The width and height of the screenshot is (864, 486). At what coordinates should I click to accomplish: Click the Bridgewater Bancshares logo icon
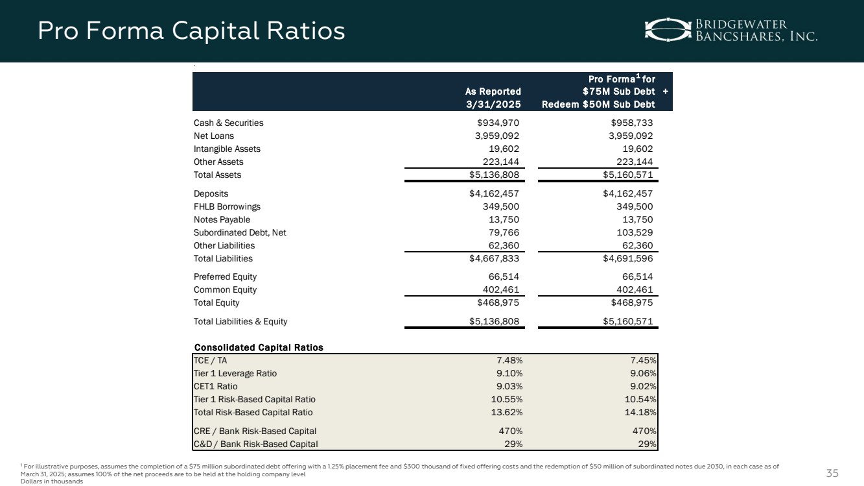coord(667,29)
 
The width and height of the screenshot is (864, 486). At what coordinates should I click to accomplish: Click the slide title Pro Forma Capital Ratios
coord(191,30)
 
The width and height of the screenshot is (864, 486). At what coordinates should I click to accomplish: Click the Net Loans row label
coord(214,136)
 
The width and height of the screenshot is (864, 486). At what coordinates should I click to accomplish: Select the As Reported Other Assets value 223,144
coord(500,162)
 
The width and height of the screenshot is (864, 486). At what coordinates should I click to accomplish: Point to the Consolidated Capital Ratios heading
coord(259,347)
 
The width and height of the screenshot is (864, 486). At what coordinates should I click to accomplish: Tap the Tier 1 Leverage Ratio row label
coord(235,374)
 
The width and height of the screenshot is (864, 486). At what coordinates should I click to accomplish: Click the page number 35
coord(832,472)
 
